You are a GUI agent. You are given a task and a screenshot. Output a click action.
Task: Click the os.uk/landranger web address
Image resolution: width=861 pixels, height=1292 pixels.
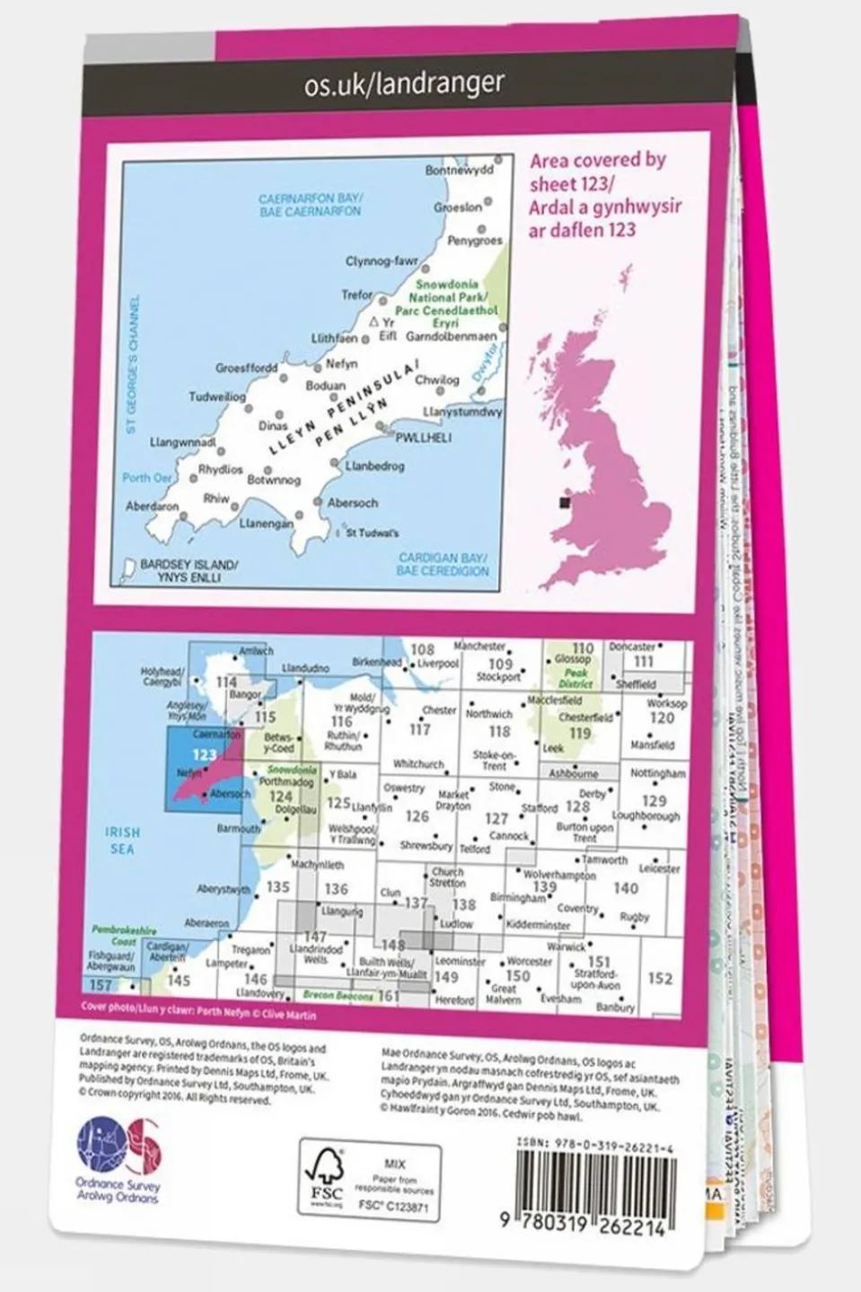[404, 83]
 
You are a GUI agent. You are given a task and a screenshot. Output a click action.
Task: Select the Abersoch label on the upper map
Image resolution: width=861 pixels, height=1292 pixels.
[352, 503]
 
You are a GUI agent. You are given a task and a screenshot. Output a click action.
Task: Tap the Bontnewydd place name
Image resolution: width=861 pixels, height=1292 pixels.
[459, 171]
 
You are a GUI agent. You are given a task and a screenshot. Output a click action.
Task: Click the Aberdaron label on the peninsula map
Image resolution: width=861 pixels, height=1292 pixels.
[153, 506]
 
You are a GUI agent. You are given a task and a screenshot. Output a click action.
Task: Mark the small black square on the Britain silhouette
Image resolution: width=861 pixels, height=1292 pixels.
[564, 503]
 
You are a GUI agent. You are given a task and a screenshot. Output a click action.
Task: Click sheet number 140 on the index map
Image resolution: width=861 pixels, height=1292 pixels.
[625, 888]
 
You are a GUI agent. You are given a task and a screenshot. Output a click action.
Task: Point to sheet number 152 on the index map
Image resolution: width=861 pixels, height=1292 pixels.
[660, 978]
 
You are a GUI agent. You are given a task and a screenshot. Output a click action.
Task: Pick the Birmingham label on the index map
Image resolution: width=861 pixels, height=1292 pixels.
[517, 897]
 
